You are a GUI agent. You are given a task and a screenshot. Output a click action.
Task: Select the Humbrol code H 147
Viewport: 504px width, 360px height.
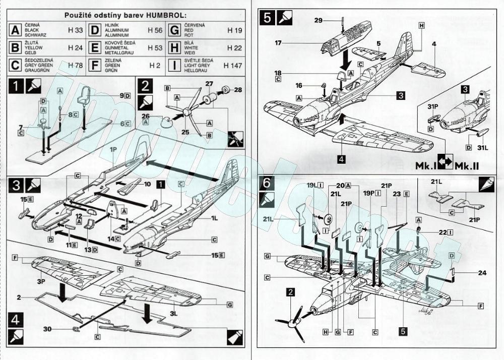(233, 66)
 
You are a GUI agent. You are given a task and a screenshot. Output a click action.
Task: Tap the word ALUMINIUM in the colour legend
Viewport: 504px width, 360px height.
(115, 30)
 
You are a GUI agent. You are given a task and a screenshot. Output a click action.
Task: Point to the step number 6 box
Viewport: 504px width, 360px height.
(266, 184)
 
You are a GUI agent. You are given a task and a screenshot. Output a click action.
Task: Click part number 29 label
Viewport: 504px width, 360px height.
(318, 20)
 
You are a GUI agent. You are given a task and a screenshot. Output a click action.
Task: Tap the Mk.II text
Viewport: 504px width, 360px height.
(469, 166)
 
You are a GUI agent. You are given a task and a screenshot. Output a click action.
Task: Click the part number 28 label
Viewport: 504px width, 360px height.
(238, 89)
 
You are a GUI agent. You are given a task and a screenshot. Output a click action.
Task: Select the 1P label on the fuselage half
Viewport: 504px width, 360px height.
(114, 150)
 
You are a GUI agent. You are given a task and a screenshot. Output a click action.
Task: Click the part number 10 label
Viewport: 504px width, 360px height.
(147, 184)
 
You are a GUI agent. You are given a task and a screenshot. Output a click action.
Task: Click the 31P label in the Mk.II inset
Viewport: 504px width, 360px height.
(433, 107)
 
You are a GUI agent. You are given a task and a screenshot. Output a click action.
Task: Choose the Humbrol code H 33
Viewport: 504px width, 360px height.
(75, 30)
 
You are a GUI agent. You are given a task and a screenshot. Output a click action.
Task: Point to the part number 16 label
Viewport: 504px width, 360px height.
(299, 86)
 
